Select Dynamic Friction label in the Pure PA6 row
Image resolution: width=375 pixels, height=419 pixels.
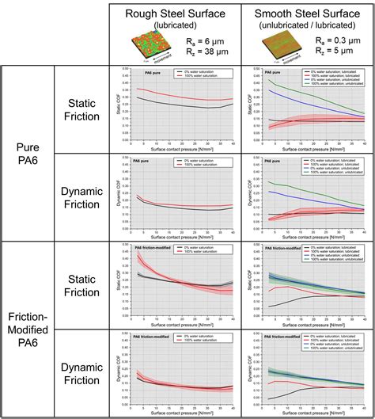(x=81, y=196)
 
